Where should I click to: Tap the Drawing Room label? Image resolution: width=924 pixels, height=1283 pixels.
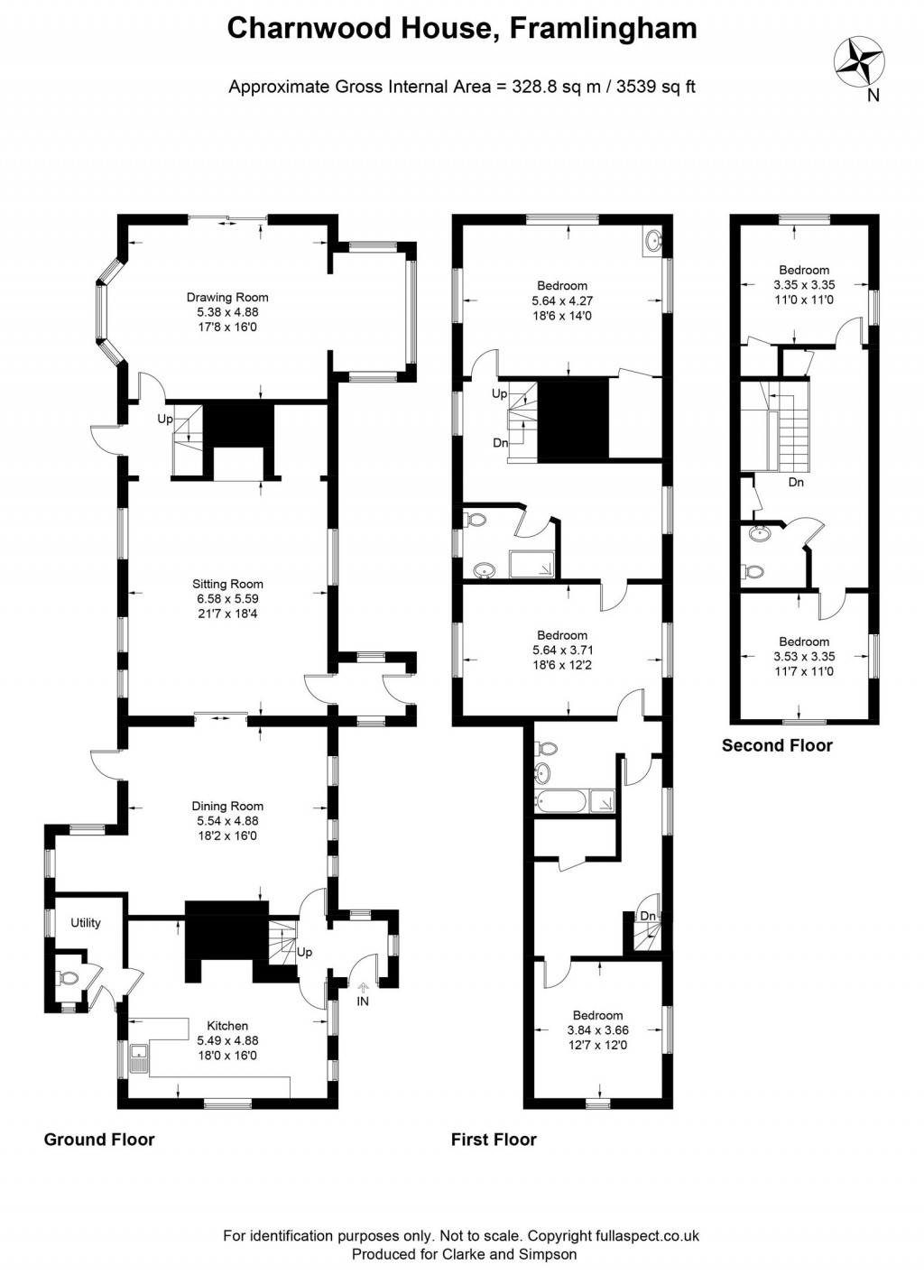pos(227,298)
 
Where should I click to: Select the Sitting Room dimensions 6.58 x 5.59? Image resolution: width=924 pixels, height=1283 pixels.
pos(227,599)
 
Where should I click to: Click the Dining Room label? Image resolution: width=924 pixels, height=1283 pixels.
pos(227,807)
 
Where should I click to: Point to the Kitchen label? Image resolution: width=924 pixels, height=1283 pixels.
pos(227,1026)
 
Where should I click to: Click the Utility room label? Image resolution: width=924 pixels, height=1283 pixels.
pos(86,923)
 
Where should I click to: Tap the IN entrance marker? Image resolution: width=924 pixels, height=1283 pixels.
pos(363,1001)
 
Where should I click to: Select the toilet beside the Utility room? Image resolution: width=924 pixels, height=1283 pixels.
pos(66,977)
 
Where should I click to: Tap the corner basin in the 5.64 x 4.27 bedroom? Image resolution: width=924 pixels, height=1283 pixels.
pos(653,240)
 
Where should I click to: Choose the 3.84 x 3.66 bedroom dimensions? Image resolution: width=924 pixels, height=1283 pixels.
pos(597,1030)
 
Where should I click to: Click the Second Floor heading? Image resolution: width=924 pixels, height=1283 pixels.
pos(777,745)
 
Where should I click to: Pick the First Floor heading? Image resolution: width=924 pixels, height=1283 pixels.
pos(494,1140)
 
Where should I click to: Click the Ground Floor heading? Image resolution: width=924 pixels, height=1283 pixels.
pos(99,1140)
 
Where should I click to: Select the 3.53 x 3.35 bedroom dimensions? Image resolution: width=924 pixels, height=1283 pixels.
pos(803,657)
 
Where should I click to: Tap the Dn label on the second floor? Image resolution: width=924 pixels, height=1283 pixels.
pos(796,483)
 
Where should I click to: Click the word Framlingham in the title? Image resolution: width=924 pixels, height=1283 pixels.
pos(603,29)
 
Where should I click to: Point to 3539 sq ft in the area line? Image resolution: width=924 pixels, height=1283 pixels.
pos(655,88)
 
